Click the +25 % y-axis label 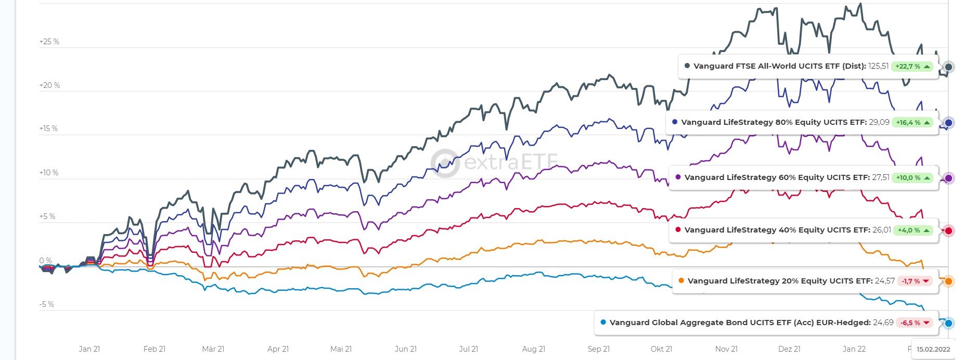[x=49, y=42]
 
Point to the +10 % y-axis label [x=49, y=173]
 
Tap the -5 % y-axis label [x=46, y=304]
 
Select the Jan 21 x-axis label [x=89, y=349]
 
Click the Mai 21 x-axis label [x=341, y=349]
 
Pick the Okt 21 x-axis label [x=661, y=349]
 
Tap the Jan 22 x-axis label [x=854, y=349]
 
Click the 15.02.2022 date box [x=933, y=349]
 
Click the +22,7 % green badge [x=912, y=67]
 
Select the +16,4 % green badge [x=912, y=123]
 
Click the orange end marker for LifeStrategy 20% [x=948, y=281]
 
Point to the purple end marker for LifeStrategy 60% [x=948, y=178]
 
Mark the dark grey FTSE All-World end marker [x=948, y=67]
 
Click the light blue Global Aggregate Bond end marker [x=948, y=324]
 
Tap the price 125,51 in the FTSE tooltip [x=878, y=66]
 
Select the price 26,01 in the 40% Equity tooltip [x=881, y=230]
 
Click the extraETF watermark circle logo [x=445, y=163]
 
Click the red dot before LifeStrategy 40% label [x=678, y=230]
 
